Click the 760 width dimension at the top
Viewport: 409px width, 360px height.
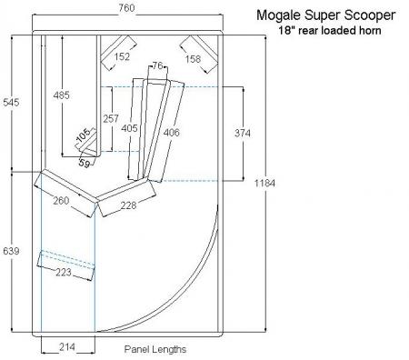126,7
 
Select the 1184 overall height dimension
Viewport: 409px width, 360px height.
264,183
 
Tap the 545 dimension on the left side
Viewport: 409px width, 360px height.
11,103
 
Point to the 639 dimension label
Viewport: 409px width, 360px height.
11,251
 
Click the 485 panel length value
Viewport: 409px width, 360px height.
61,95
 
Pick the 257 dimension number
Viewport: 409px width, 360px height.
111,118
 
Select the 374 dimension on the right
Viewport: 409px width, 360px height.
243,133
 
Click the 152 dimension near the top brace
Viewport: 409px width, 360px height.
122,56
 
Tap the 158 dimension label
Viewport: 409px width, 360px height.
193,59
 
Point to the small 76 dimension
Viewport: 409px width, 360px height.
157,65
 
